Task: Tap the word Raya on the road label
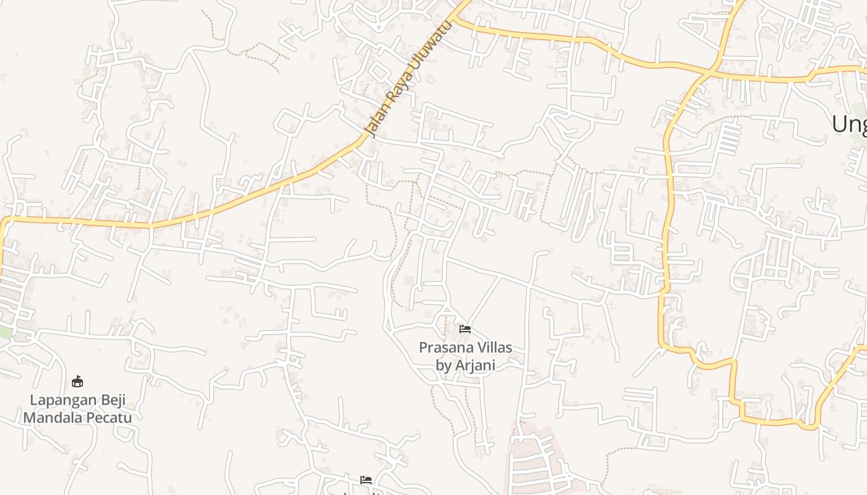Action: tap(394, 93)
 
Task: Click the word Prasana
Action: tap(444, 348)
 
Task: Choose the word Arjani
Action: tap(475, 366)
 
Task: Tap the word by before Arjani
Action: tap(443, 366)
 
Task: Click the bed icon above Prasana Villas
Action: tap(465, 329)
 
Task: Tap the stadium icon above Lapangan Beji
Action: tap(77, 381)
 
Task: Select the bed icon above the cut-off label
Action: tap(366, 480)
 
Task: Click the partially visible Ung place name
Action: tap(849, 124)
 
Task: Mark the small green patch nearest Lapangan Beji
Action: tap(5, 332)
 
